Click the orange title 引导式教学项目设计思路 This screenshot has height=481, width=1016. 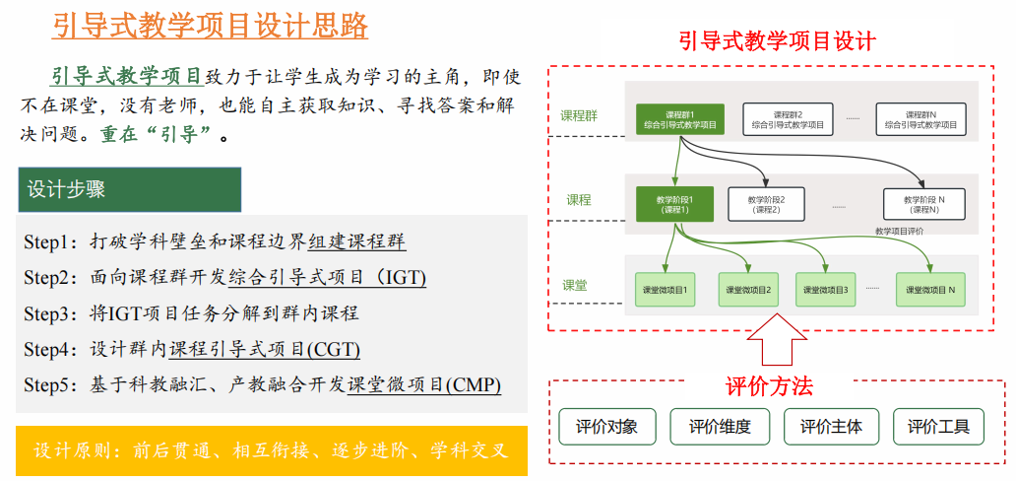pos(210,25)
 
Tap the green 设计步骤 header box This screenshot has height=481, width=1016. pos(129,189)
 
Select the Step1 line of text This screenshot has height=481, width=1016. pos(215,241)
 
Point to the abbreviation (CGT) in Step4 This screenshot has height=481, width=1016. pos(334,349)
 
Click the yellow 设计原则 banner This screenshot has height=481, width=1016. pos(272,450)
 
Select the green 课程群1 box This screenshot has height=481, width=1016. pos(680,119)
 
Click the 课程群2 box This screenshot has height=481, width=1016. pos(787,119)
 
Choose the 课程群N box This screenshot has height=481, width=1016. pos(921,119)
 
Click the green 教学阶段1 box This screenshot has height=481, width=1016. pos(674,203)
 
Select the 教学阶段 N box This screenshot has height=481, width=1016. pos(923,204)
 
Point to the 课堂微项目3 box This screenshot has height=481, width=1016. pos(826,290)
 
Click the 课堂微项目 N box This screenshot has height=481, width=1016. pos(931,290)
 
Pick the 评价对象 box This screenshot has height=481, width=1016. pos(605,427)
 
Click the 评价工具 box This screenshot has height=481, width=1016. pos(938,427)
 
